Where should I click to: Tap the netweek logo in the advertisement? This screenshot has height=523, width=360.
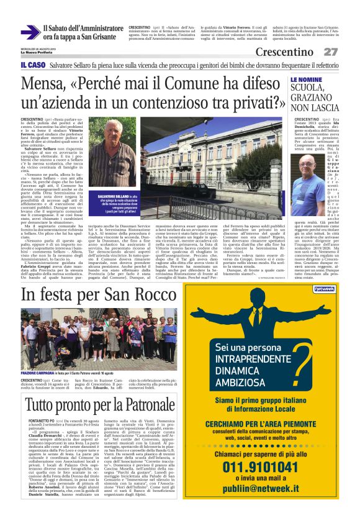[325, 289]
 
